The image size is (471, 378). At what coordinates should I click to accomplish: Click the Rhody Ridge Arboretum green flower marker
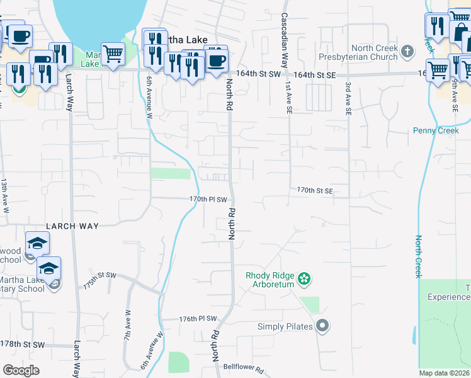click(304, 278)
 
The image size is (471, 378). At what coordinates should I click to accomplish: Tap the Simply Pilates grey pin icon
click(322, 326)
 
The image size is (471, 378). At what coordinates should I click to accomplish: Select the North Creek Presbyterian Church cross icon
click(407, 52)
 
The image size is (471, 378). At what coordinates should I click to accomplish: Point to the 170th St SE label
click(314, 190)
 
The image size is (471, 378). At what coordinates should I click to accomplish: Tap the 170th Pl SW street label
click(207, 199)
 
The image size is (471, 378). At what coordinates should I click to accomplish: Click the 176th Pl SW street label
click(198, 319)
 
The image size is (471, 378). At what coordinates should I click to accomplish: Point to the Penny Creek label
click(433, 130)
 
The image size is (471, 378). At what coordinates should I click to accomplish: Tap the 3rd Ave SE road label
click(348, 98)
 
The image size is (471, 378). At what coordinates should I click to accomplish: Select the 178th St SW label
click(23, 344)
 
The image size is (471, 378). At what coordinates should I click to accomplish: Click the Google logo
click(21, 370)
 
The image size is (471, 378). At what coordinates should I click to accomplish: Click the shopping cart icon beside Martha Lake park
click(113, 54)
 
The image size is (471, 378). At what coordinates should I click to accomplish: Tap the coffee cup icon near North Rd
click(217, 60)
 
